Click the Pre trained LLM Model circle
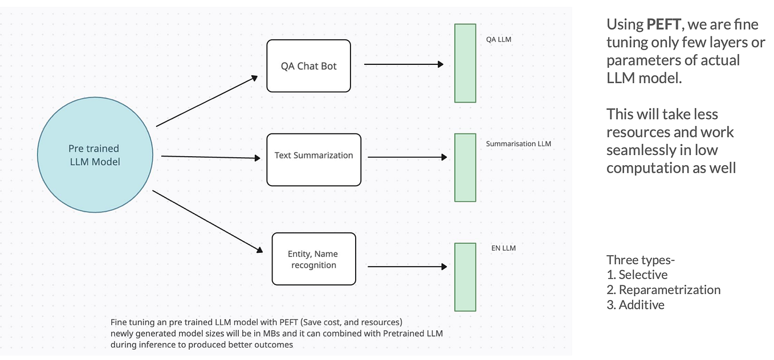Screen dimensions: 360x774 tap(95, 155)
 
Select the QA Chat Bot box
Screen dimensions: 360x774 tap(308, 66)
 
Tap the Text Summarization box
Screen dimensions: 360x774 tap(313, 159)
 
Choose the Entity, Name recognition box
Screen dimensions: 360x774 tap(313, 259)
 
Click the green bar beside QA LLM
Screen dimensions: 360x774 tap(465, 63)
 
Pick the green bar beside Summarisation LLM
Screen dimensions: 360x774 tap(465, 167)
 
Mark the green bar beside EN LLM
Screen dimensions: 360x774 tap(465, 277)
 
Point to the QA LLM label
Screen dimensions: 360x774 tap(498, 40)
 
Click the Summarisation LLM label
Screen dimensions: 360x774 tap(518, 144)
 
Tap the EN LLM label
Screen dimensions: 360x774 tap(503, 248)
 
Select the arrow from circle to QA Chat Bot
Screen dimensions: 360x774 tap(207, 101)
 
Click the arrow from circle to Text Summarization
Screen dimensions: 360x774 tap(211, 157)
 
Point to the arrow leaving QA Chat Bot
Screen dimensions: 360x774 tap(404, 64)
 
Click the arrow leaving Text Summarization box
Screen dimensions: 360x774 tap(407, 157)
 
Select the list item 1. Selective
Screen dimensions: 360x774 tap(637, 275)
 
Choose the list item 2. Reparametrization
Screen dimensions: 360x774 tap(663, 290)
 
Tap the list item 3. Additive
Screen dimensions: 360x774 tap(636, 305)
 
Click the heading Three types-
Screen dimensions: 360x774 tap(640, 260)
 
